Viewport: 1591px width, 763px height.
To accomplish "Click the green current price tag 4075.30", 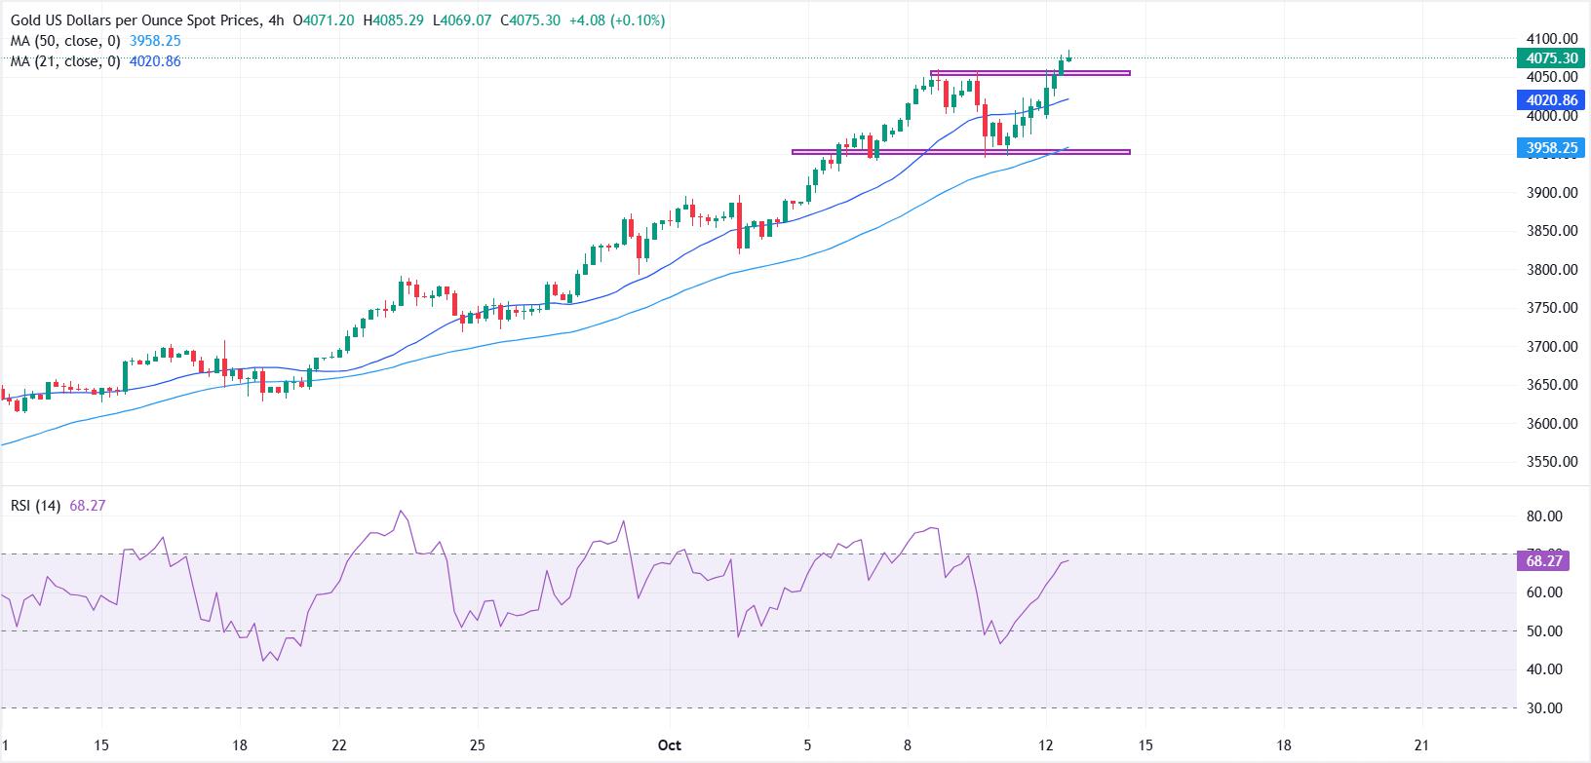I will pyautogui.click(x=1551, y=58).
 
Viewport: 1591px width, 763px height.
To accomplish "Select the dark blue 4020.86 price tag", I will pyautogui.click(x=1551, y=100).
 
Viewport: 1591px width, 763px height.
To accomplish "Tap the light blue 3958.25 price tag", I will pyautogui.click(x=1551, y=148).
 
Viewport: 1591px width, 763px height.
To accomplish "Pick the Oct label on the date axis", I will pyautogui.click(x=670, y=745).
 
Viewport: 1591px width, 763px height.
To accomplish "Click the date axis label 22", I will pyautogui.click(x=338, y=745).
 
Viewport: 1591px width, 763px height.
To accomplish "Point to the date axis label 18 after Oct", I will pyautogui.click(x=1284, y=745).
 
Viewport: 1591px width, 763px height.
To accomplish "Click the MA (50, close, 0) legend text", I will pyautogui.click(x=63, y=42).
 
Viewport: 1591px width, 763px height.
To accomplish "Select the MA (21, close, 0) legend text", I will pyautogui.click(x=63, y=61).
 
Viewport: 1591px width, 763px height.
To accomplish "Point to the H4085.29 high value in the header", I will pyautogui.click(x=378, y=20).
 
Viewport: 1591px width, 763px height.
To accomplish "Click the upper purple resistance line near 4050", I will pyautogui.click(x=1030, y=73).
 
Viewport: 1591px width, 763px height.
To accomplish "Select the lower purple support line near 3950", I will pyautogui.click(x=960, y=152).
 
